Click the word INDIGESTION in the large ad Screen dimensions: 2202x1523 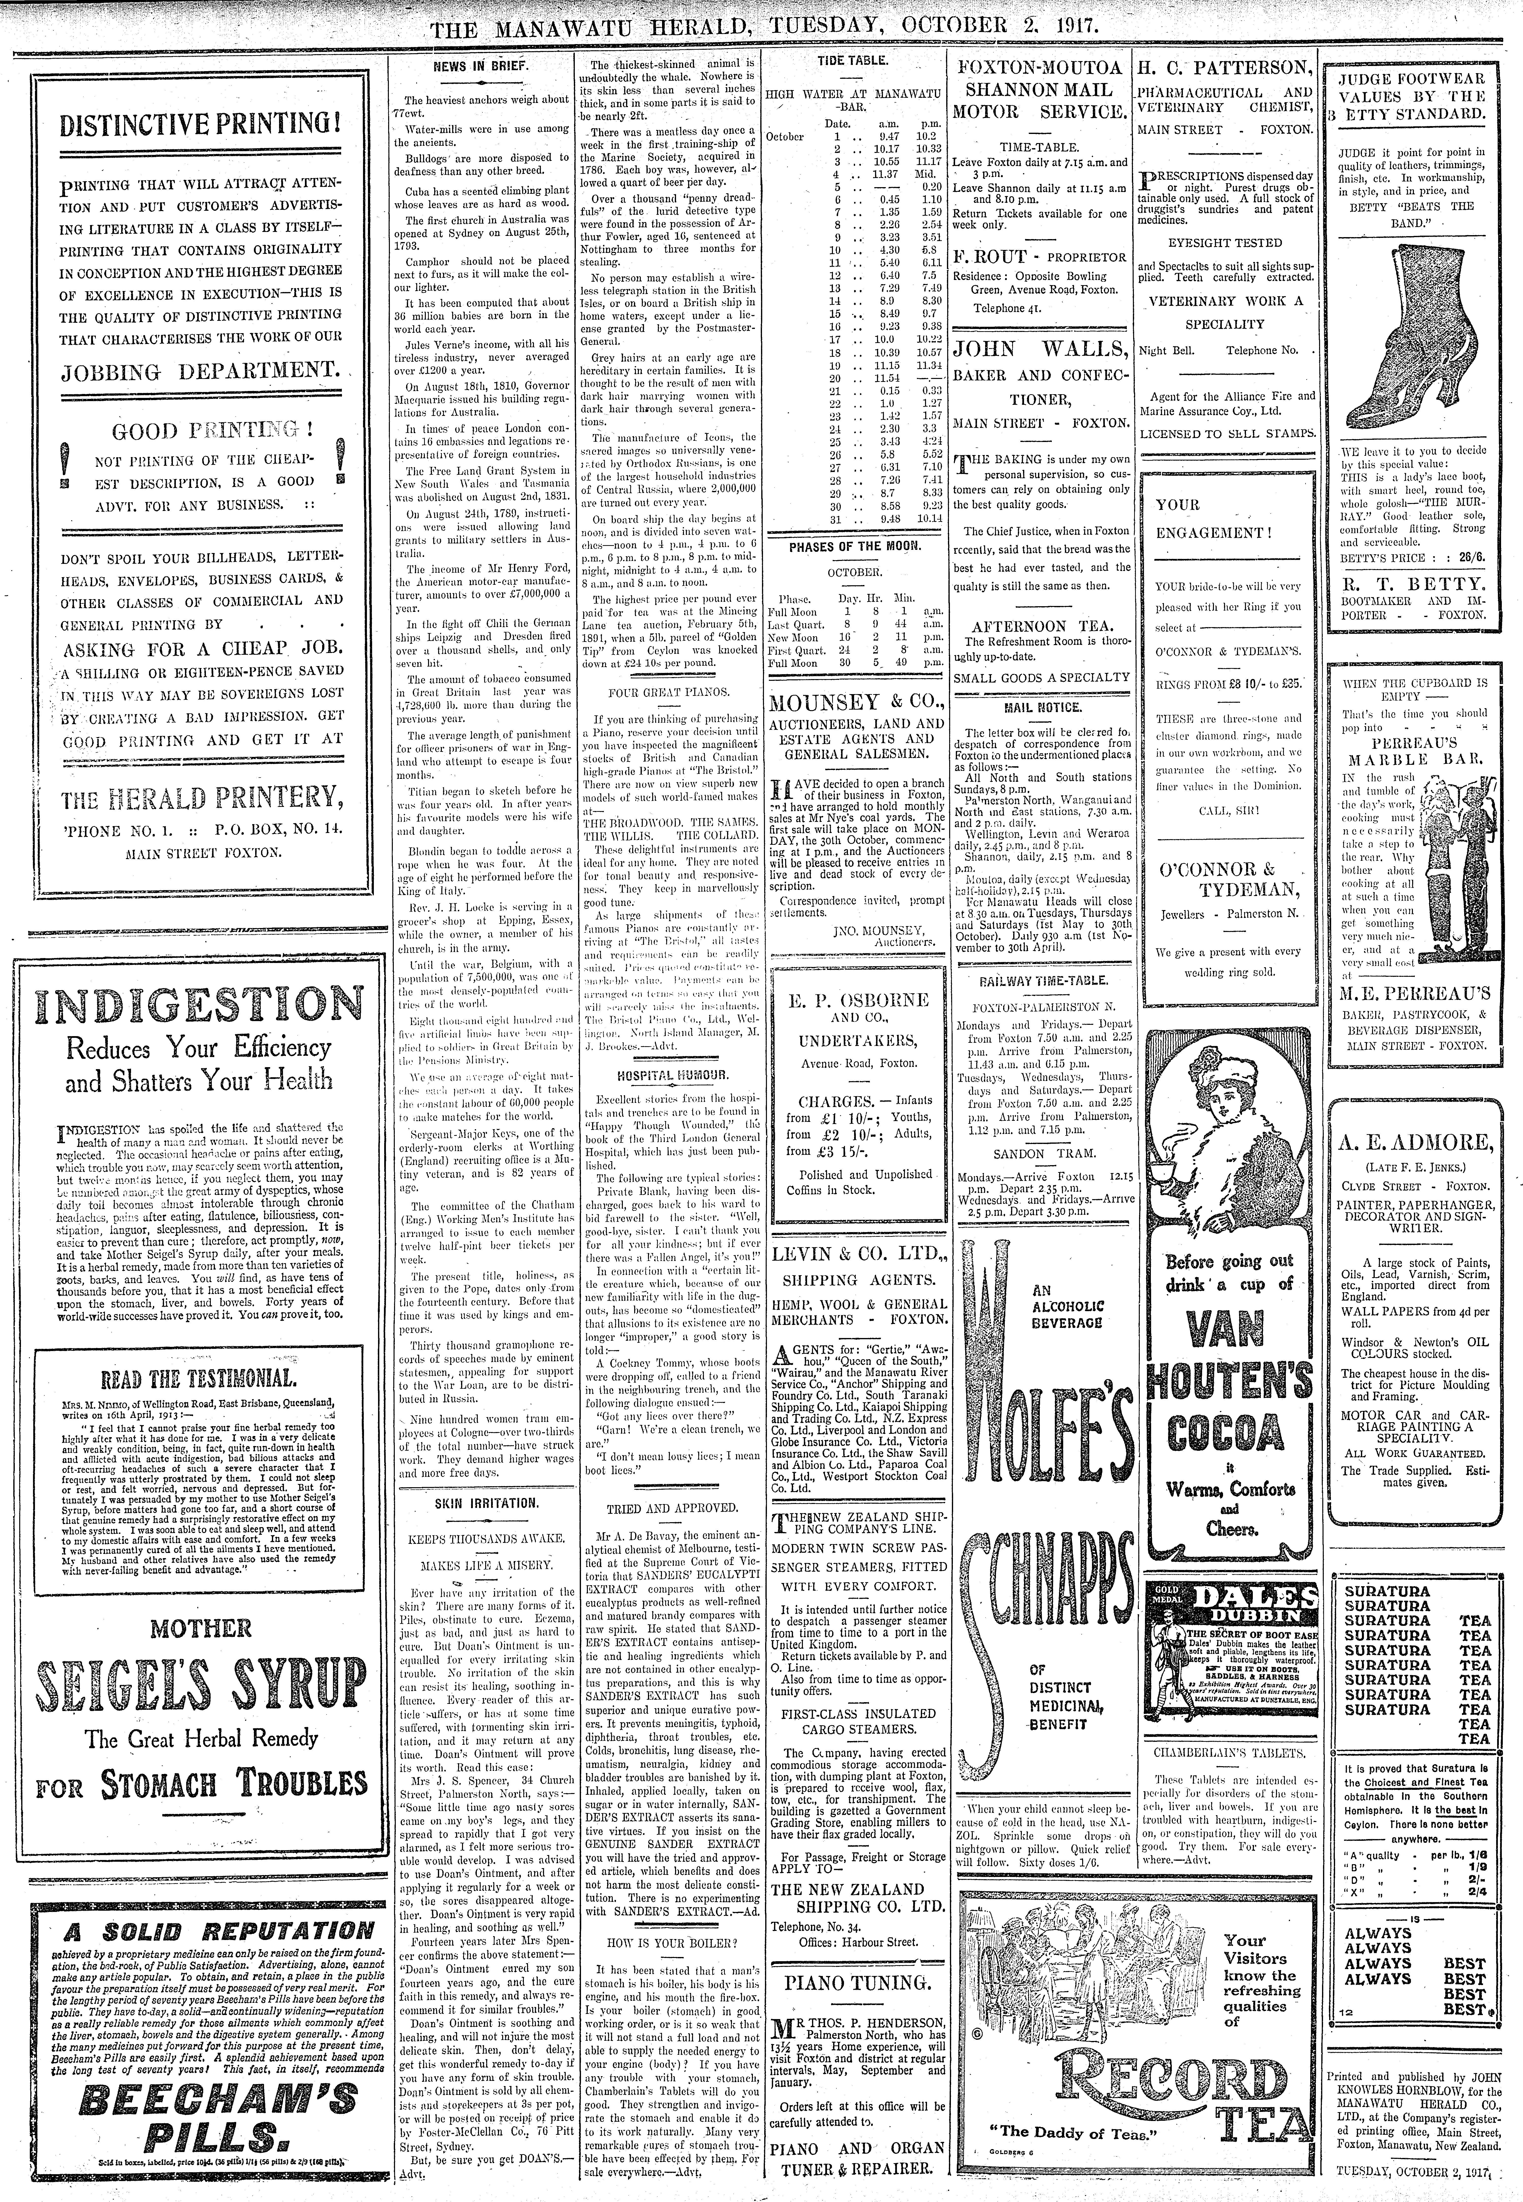coord(188,1006)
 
